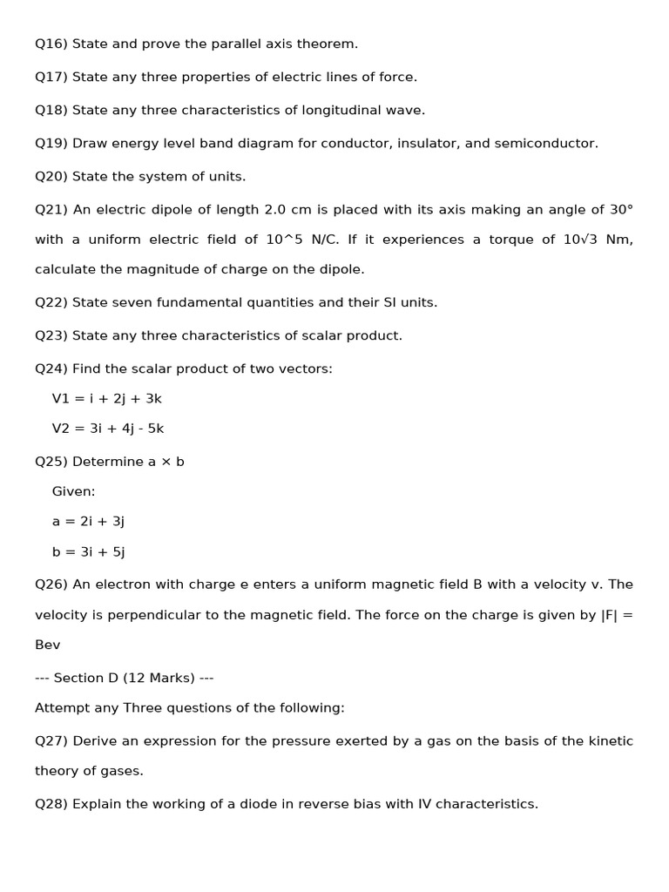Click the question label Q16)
click(51, 44)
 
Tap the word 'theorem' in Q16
click(328, 44)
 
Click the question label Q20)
click(51, 176)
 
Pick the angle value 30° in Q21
click(621, 209)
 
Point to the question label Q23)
click(51, 335)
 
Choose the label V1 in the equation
click(61, 399)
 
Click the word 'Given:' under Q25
click(73, 491)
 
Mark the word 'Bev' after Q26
click(48, 645)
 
